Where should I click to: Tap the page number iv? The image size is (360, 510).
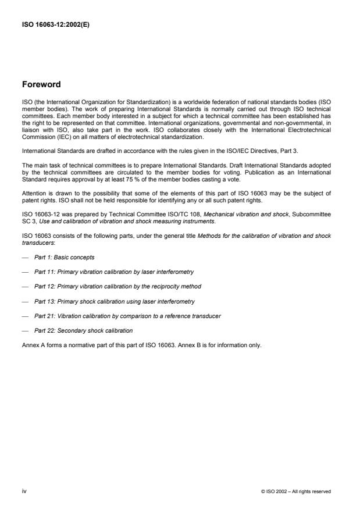coord(24,491)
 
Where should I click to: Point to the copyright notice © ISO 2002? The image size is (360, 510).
coord(296,491)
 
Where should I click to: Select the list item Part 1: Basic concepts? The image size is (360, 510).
coord(64,257)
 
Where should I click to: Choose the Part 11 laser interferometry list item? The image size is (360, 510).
coord(114,272)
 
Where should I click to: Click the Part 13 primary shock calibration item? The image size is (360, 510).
coord(115,301)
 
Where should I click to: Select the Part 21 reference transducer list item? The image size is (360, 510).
coord(127,316)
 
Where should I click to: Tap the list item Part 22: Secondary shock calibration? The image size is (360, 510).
coord(83,330)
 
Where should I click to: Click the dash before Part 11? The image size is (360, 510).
coord(24,272)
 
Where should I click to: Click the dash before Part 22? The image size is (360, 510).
coord(24,330)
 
